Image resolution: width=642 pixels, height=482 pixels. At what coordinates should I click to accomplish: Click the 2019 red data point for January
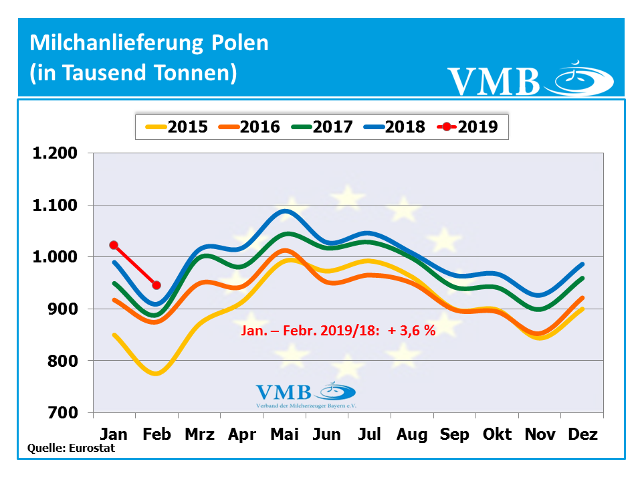pyautogui.click(x=114, y=245)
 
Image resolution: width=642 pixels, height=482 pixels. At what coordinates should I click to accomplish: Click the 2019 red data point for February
pyautogui.click(x=156, y=285)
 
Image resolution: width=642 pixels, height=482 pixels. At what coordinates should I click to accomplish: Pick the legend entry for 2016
pyautogui.click(x=248, y=127)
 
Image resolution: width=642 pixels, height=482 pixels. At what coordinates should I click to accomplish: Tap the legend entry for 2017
pyautogui.click(x=320, y=127)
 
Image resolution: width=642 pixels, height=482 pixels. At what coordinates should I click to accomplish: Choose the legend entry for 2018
pyautogui.click(x=393, y=127)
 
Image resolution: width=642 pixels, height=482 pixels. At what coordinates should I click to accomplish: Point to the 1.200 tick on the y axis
pyautogui.click(x=55, y=153)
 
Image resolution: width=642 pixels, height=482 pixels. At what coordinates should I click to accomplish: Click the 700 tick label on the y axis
pyautogui.click(x=64, y=412)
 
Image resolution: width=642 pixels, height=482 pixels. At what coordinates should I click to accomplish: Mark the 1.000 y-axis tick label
pyautogui.click(x=55, y=257)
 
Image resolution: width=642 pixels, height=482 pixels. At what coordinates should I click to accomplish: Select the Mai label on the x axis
pyautogui.click(x=284, y=434)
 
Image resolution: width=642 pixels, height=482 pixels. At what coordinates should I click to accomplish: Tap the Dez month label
pyautogui.click(x=583, y=434)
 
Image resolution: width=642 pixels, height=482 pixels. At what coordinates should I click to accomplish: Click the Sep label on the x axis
pyautogui.click(x=455, y=434)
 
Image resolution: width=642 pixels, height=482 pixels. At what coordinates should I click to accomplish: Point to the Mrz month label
pyautogui.click(x=199, y=434)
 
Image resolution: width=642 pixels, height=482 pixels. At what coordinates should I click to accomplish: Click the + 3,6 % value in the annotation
pyautogui.click(x=411, y=331)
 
